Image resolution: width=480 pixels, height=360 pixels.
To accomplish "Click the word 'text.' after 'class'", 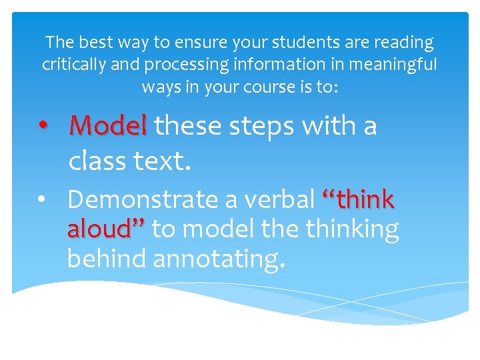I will click(x=163, y=160).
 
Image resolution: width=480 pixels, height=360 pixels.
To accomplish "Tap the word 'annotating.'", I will click(x=219, y=259).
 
